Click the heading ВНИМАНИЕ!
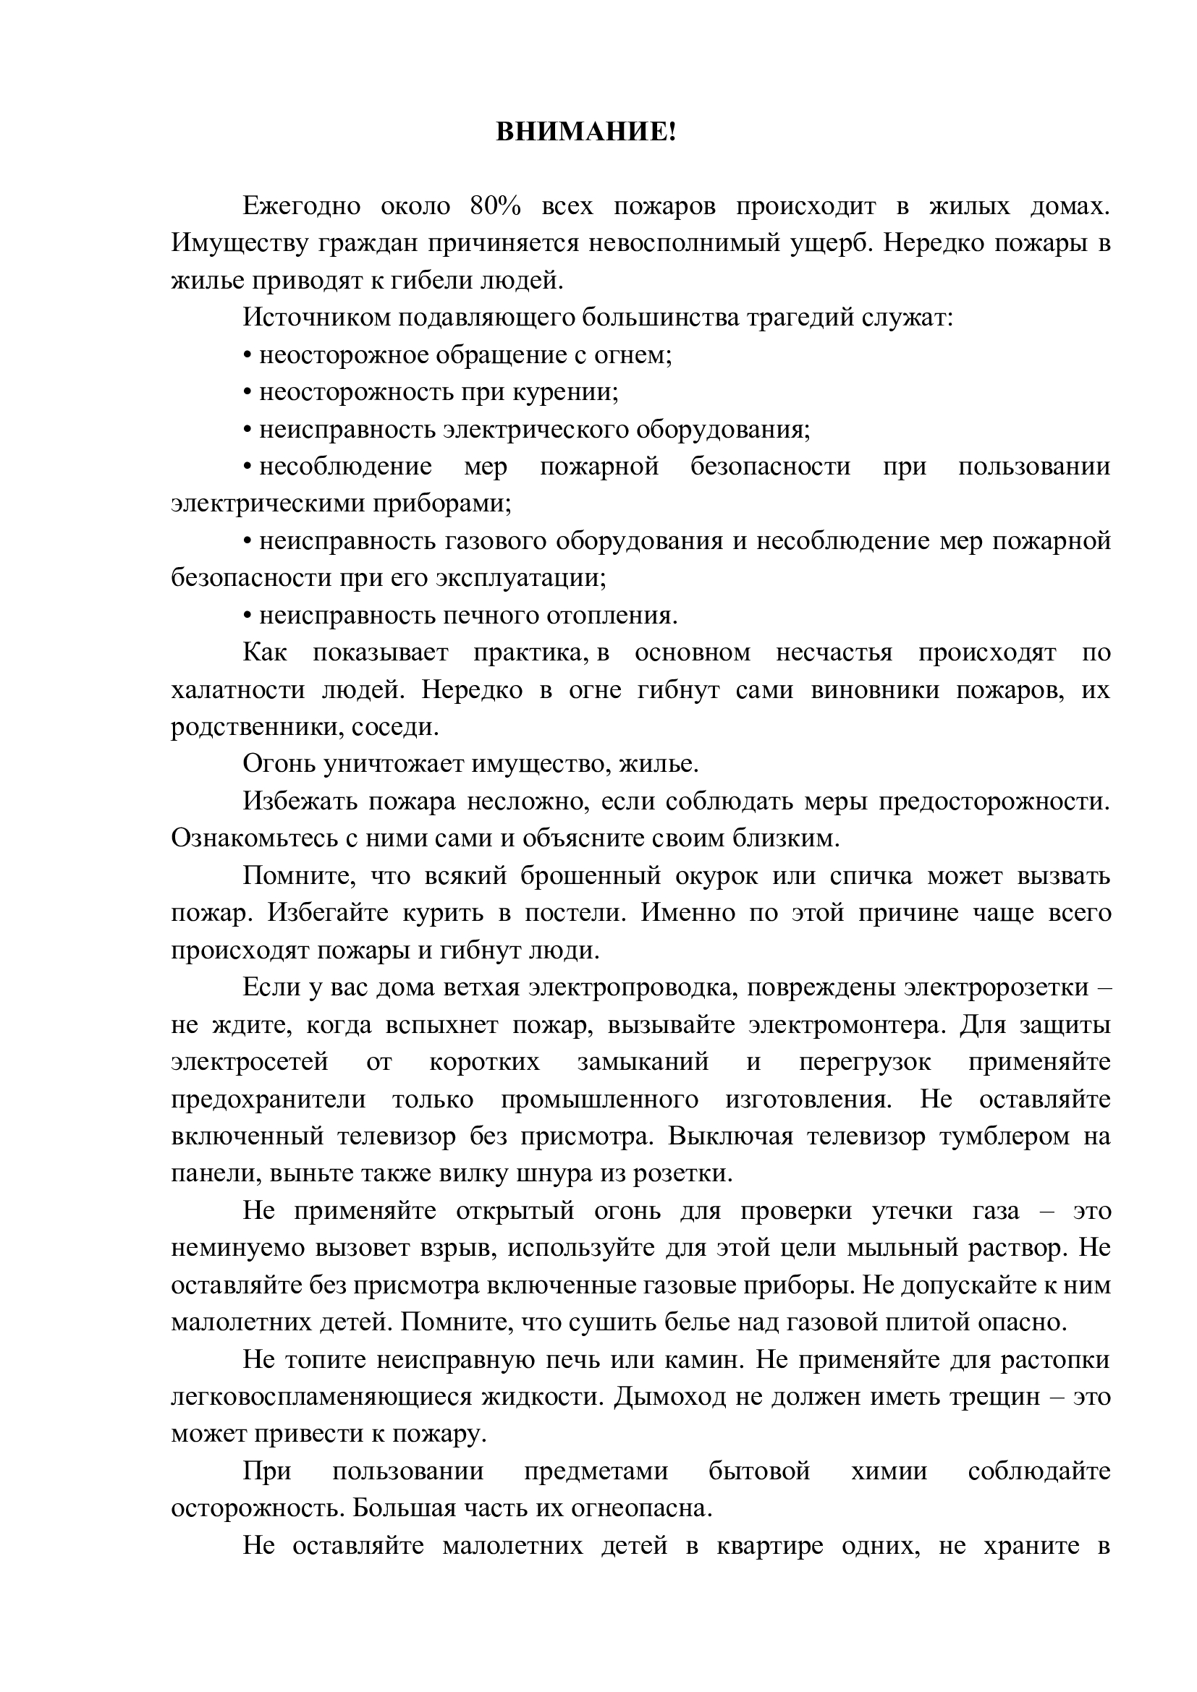pos(585,132)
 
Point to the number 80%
pos(494,207)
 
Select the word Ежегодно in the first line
pos(302,207)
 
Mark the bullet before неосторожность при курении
pos(248,393)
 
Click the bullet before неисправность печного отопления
pos(248,616)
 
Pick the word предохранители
pos(268,1100)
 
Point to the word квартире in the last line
pos(769,1545)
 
